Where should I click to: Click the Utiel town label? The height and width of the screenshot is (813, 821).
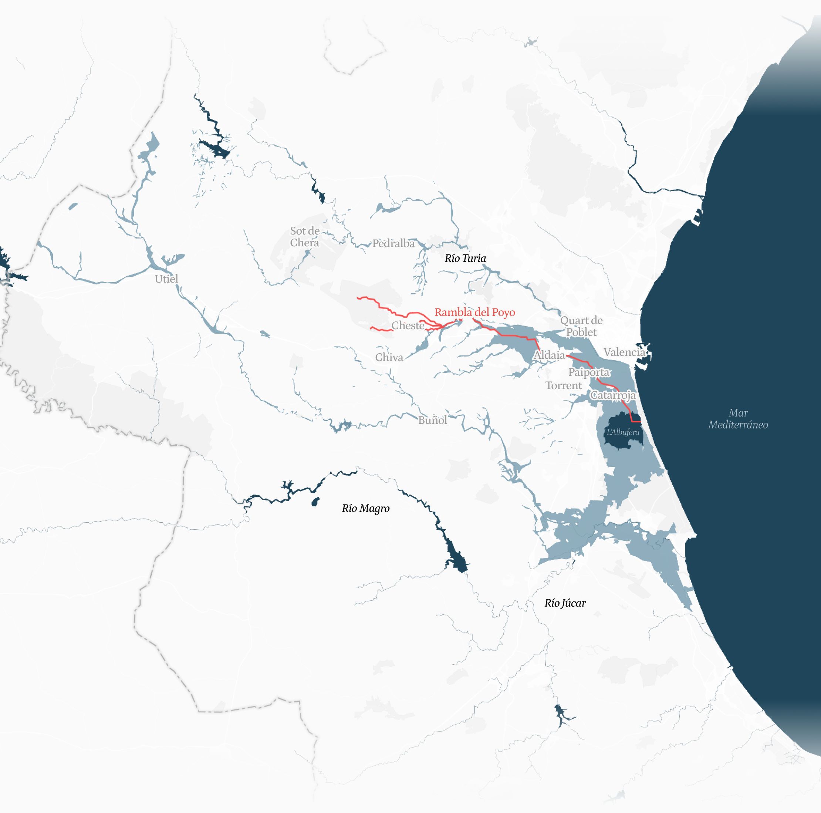point(166,279)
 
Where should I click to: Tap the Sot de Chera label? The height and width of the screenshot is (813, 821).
point(305,237)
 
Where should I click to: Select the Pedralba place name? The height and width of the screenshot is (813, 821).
point(393,243)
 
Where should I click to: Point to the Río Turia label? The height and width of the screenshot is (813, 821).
point(465,258)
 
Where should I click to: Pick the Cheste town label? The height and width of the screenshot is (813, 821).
point(408,325)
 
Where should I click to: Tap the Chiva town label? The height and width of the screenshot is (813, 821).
point(389,357)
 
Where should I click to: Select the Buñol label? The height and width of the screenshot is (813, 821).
point(432,420)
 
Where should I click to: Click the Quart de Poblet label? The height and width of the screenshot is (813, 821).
point(581,326)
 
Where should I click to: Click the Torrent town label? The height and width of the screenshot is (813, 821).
point(564,385)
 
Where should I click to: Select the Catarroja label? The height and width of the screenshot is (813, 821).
point(613,395)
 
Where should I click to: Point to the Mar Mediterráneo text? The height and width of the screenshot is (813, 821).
point(738,419)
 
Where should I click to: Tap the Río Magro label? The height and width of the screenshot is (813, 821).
point(365,508)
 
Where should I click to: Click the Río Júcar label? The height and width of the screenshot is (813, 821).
point(565,603)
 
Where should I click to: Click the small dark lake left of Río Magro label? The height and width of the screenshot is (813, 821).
point(315,502)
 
